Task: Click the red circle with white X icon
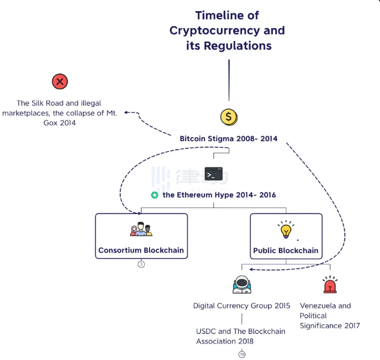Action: (x=60, y=82)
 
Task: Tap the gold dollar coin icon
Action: (x=229, y=117)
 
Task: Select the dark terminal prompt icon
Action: (x=214, y=174)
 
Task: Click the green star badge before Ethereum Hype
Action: (x=154, y=195)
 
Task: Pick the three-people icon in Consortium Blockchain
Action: (x=141, y=229)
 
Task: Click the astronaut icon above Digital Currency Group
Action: (x=242, y=285)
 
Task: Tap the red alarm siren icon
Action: (x=330, y=286)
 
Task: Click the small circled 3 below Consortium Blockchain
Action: (x=141, y=264)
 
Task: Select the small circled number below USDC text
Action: (x=242, y=354)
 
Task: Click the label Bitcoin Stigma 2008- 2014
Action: (x=228, y=139)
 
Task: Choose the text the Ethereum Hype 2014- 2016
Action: (x=219, y=195)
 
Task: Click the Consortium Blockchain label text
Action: (x=141, y=250)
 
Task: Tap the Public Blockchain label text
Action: (x=286, y=250)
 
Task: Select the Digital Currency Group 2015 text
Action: (x=242, y=306)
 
